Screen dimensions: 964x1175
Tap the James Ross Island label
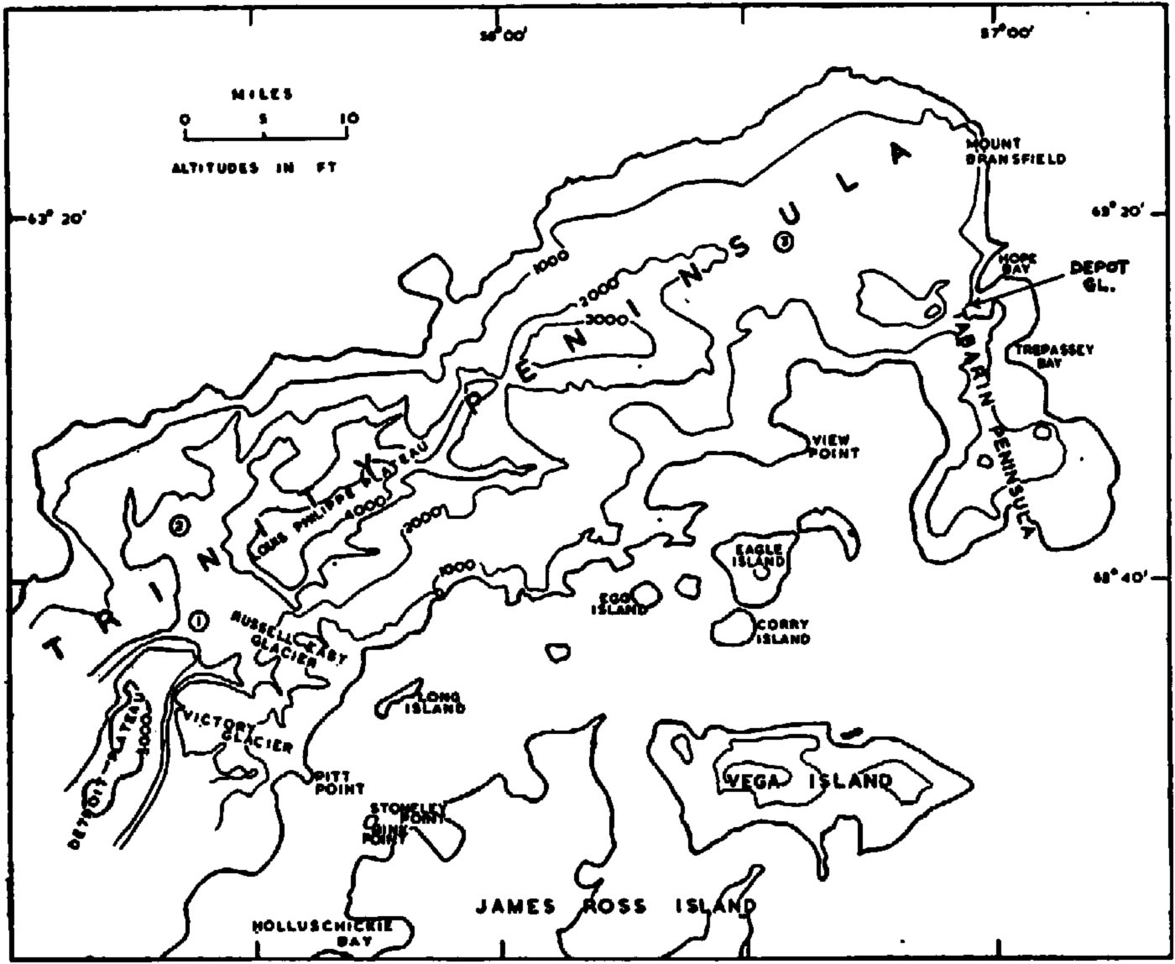point(616,907)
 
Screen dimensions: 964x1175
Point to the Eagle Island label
point(760,555)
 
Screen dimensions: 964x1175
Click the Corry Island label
point(783,631)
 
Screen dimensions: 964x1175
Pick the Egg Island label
point(619,604)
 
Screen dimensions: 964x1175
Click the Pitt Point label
point(339,783)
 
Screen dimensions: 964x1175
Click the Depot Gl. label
point(1098,275)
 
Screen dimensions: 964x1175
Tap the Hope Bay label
point(1018,264)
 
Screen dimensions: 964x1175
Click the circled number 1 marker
point(198,621)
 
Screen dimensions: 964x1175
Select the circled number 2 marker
point(180,527)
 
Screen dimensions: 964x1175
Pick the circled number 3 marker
point(783,243)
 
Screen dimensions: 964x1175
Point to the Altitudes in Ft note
point(254,168)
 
